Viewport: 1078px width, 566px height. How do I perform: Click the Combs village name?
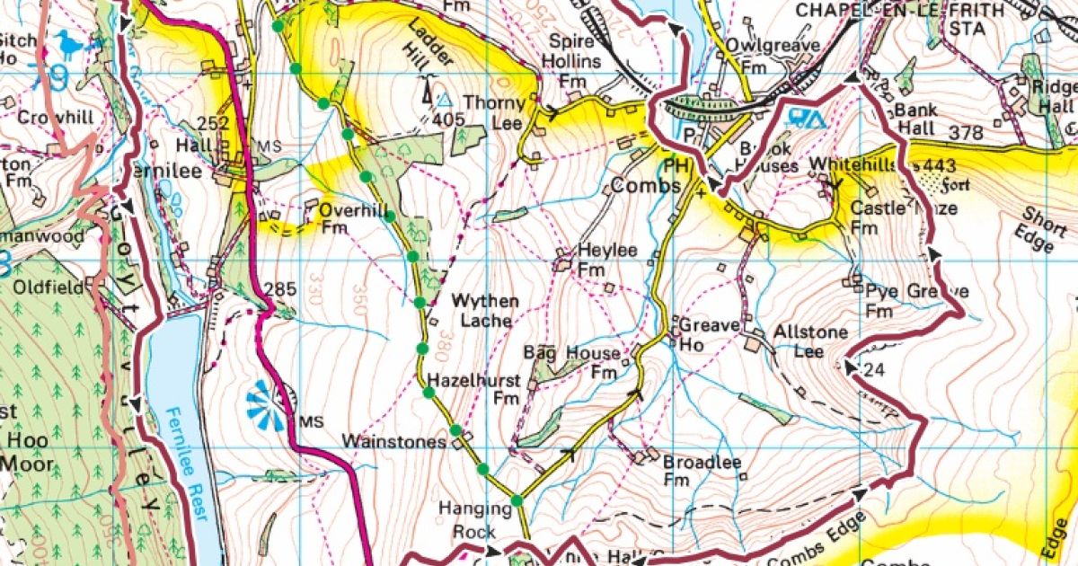pyautogui.click(x=639, y=187)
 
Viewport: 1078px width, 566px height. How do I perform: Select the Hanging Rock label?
pyautogui.click(x=474, y=518)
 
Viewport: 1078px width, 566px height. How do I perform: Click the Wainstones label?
pyautogui.click(x=405, y=442)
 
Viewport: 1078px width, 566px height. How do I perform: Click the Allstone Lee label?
pyautogui.click(x=810, y=341)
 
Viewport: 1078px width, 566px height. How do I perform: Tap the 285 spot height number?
pyautogui.click(x=281, y=289)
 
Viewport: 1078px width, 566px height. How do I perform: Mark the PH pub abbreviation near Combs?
pyautogui.click(x=676, y=165)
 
